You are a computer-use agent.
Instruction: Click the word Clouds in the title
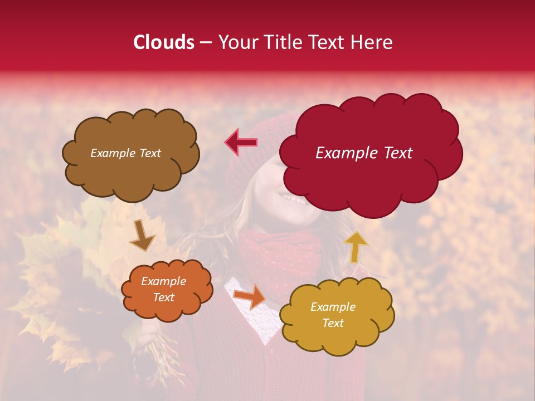click(x=164, y=42)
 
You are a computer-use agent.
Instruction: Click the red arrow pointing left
click(x=241, y=143)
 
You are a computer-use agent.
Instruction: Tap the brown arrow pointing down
click(x=143, y=236)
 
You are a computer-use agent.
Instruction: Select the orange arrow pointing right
click(x=250, y=296)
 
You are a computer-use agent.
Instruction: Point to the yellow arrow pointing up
click(x=356, y=246)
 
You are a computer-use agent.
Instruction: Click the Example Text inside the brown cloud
click(x=125, y=153)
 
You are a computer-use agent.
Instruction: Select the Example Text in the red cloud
click(x=364, y=153)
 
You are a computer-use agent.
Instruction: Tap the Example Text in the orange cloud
click(x=163, y=290)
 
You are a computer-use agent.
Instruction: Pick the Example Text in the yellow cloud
click(x=333, y=315)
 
